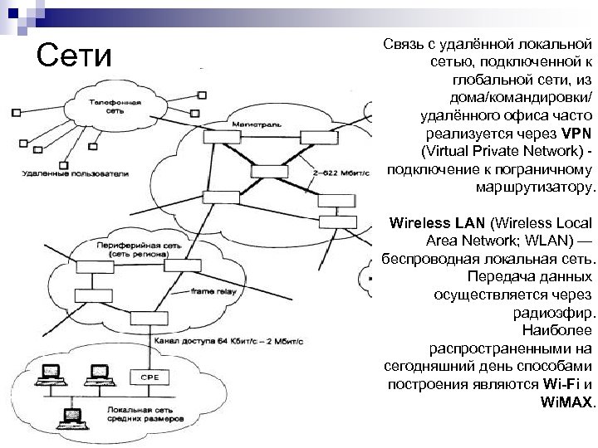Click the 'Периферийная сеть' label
[x=132, y=247]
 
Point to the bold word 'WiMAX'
[x=567, y=403]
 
